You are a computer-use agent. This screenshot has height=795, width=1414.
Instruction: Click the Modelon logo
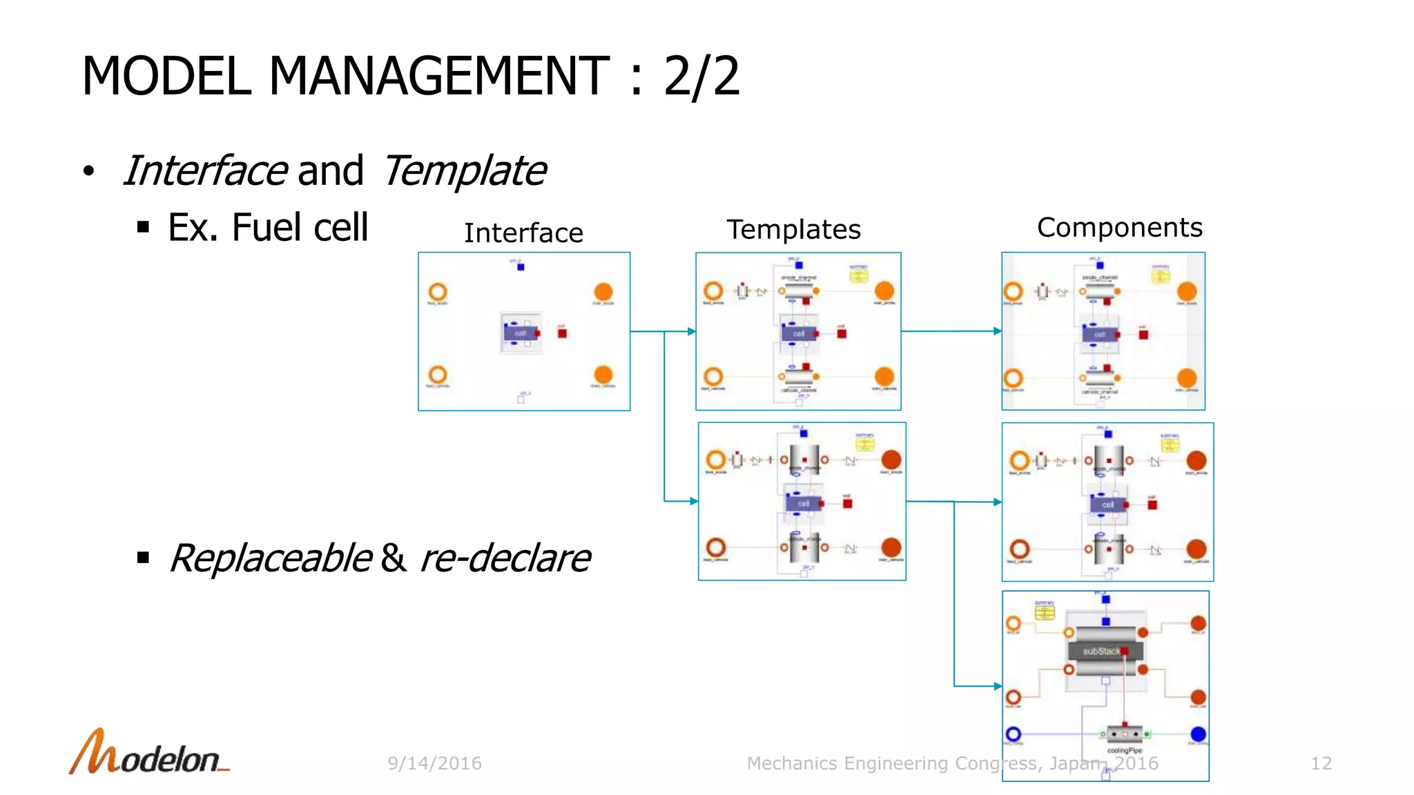point(148,753)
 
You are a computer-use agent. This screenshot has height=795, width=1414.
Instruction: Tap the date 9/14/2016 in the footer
point(434,763)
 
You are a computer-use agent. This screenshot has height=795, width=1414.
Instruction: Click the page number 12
point(1321,763)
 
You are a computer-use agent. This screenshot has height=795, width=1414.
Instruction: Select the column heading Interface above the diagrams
point(523,233)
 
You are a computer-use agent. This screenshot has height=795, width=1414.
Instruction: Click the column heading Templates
point(793,230)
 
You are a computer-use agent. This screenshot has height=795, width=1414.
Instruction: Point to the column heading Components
point(1119,228)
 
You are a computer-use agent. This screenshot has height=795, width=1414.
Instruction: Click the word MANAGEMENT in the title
point(438,76)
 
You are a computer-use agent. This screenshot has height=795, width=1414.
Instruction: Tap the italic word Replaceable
point(271,558)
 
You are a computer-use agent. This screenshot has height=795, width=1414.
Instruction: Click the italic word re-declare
point(505,558)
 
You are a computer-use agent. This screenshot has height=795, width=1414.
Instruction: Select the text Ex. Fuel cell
point(268,228)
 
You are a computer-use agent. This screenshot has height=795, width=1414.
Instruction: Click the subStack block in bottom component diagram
point(1102,651)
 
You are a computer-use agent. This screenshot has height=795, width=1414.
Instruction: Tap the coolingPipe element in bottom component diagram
point(1124,734)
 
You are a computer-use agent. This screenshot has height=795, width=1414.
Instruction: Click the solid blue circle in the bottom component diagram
point(1199,734)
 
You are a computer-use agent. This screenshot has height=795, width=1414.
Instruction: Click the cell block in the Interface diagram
point(521,333)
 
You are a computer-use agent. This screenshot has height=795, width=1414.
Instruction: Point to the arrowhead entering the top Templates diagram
point(691,332)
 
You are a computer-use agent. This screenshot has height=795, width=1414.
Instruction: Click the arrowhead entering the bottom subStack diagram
point(998,686)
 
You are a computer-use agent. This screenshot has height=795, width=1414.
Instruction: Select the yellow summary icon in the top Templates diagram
point(858,276)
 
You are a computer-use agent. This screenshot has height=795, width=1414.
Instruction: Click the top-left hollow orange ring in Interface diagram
point(438,292)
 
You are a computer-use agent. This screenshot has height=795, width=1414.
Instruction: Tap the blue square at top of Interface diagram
point(521,267)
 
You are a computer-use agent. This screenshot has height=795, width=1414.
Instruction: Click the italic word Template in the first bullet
point(465,171)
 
